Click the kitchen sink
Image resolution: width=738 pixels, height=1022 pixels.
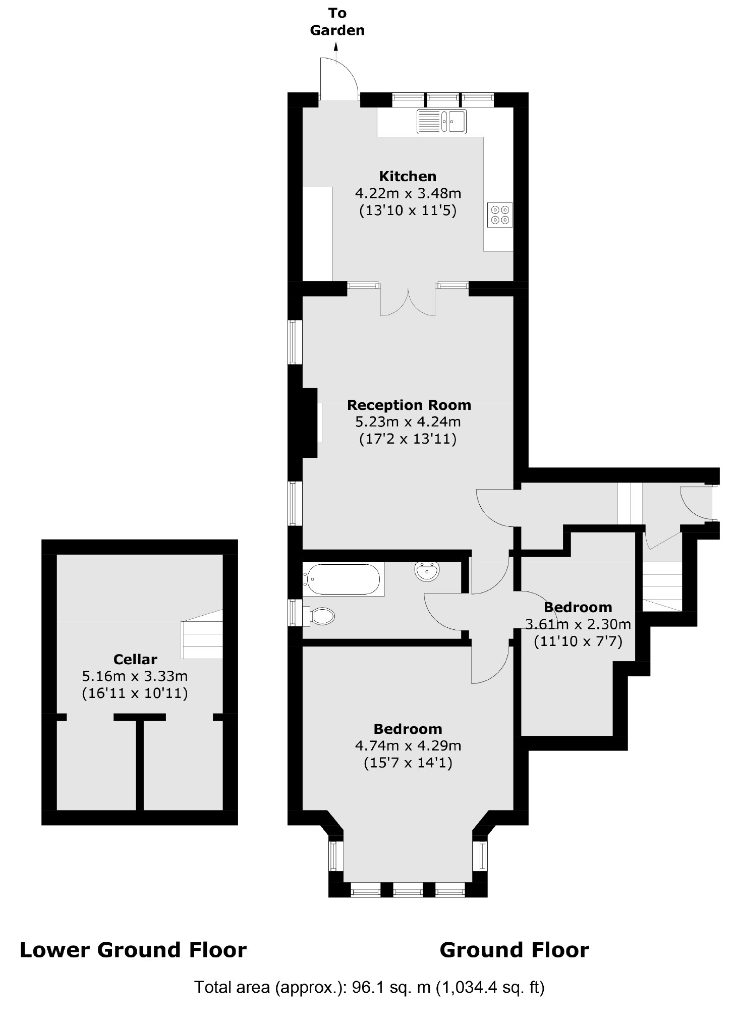click(442, 121)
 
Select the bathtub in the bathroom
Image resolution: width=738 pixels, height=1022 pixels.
click(344, 579)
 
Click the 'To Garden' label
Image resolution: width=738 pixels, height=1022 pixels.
click(337, 21)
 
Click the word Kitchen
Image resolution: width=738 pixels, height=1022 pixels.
click(408, 176)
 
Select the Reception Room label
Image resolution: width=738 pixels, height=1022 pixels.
click(409, 405)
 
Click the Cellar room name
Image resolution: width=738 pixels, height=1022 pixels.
click(135, 659)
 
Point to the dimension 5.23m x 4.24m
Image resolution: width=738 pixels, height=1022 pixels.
click(408, 421)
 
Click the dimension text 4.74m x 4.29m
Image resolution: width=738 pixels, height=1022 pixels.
click(408, 745)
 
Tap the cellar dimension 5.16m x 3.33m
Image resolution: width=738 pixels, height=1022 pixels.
click(135, 676)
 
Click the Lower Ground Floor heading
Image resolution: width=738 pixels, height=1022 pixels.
click(133, 950)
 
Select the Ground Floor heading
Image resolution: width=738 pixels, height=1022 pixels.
click(514, 950)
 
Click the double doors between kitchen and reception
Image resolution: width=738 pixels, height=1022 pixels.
click(408, 301)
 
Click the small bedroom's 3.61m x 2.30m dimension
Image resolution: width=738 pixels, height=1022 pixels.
click(578, 624)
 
